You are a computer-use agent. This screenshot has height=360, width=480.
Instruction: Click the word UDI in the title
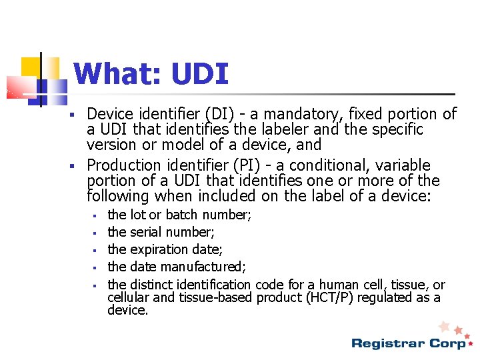(x=199, y=74)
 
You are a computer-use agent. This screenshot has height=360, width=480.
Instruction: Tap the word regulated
(x=386, y=297)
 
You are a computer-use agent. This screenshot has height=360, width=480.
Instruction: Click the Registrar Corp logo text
(x=409, y=343)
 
